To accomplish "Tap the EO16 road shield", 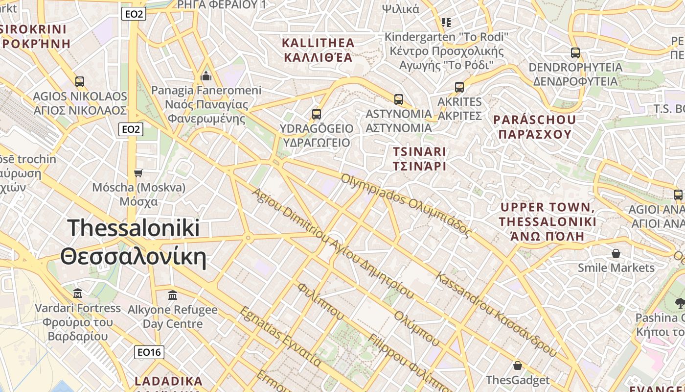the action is pos(149,352).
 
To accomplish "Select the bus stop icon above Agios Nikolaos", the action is pos(79,81).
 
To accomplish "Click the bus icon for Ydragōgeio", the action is pos(316,114).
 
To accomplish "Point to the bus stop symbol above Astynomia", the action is pos(398,99).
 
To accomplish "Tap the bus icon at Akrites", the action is pos(459,87).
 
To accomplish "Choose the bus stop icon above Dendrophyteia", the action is pos(575,53).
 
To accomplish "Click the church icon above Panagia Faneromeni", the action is pos(206,76).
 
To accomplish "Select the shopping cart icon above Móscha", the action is pos(138,173).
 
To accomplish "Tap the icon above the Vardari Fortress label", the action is pos(78,294).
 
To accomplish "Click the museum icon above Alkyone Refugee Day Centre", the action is pos(172,295).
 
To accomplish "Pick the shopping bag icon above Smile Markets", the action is pos(616,253).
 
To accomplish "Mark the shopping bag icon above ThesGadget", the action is pos(517,366).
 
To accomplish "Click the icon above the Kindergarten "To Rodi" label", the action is pos(446,22).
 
